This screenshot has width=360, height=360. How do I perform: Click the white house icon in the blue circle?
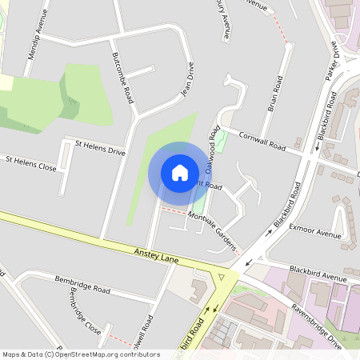tap(180, 173)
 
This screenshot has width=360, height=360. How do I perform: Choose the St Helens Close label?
tap(31, 163)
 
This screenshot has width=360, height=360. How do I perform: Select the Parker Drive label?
tap(332, 60)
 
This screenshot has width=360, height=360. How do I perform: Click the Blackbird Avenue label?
tap(318, 273)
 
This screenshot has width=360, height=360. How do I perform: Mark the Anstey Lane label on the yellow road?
tap(163, 257)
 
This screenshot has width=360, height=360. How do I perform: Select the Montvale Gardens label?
tap(215, 228)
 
